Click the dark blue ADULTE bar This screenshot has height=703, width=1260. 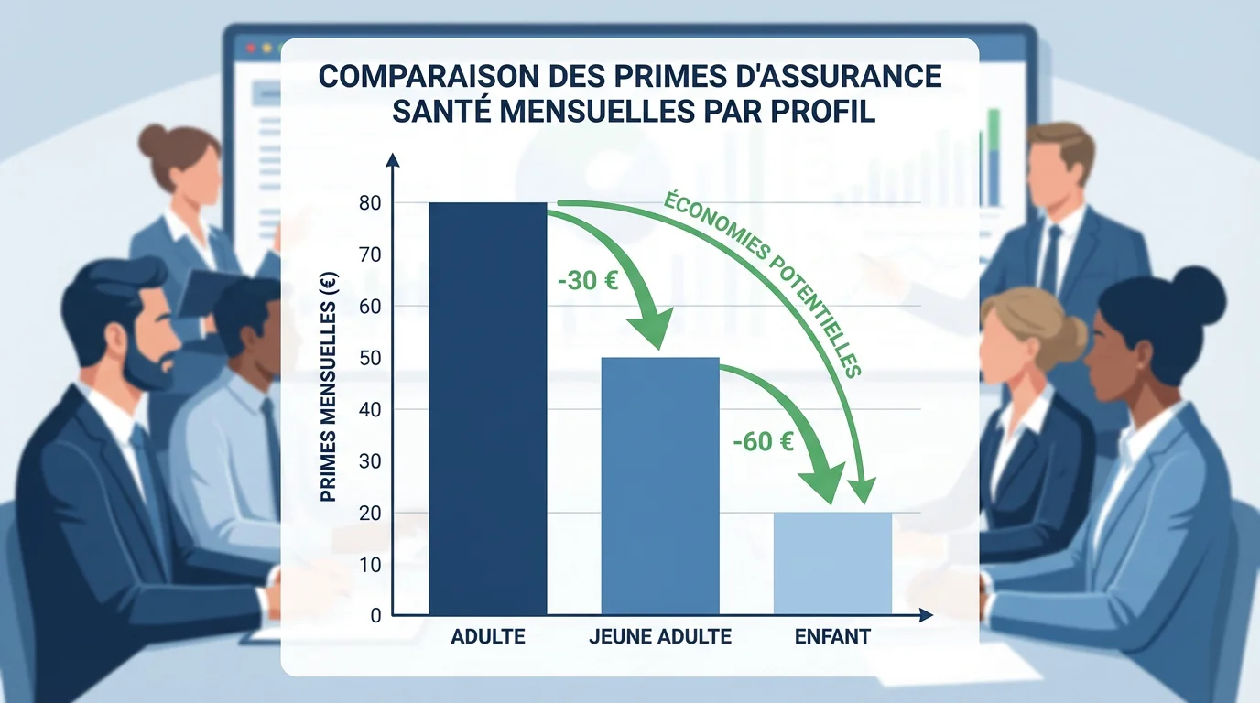487,407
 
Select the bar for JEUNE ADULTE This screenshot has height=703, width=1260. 659,485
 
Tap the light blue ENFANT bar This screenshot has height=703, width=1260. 831,563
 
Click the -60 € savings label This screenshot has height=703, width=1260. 763,442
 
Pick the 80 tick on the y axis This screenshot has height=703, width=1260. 369,203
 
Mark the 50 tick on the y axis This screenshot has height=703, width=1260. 369,358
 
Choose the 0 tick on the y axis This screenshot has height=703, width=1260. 375,616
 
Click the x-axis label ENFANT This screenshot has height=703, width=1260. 832,636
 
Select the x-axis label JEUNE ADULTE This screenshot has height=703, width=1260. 660,636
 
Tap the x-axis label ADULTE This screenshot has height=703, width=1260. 488,636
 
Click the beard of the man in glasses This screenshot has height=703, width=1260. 147,366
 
